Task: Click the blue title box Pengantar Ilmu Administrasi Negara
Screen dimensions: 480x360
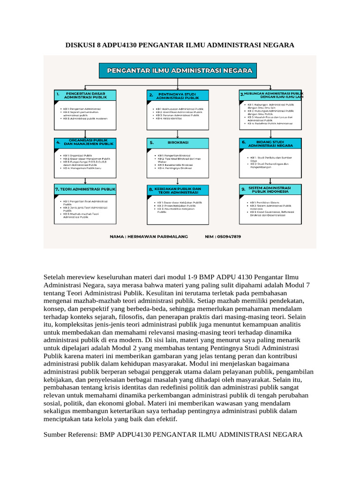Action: [180, 71]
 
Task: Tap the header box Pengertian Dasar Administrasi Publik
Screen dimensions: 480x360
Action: [84, 96]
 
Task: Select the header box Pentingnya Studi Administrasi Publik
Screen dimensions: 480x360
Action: [178, 96]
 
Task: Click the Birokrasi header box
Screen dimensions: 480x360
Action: [178, 142]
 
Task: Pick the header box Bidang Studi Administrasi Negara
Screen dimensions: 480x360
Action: [270, 143]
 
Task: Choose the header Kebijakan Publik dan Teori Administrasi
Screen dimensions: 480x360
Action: [178, 190]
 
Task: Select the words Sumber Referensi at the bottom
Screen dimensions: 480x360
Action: [69, 435]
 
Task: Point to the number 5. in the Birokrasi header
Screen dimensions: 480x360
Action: [151, 142]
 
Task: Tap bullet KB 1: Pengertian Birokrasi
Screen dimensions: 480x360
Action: [174, 155]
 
